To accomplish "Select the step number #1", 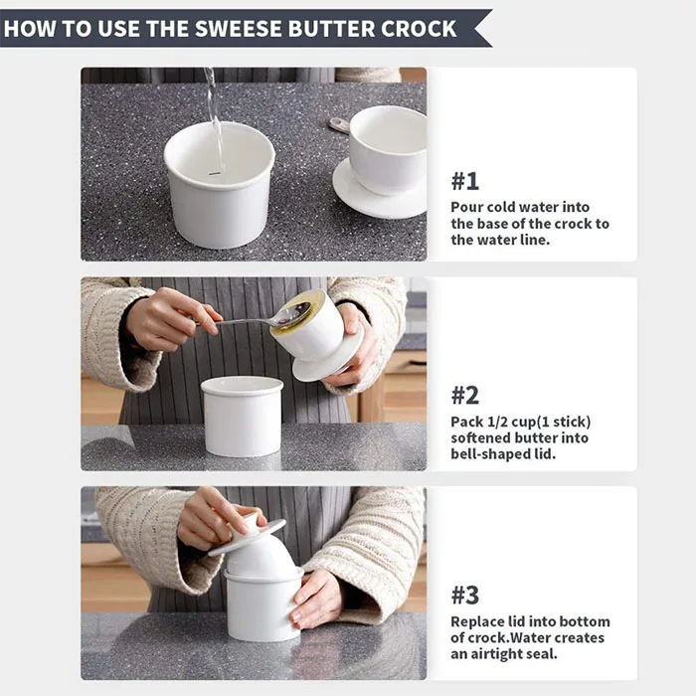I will coord(465,181).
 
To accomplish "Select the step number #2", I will coord(465,395).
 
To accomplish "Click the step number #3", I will coord(465,596).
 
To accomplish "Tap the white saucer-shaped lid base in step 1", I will coord(378,194).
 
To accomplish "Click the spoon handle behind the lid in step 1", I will coord(339,124).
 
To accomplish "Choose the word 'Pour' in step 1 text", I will coord(468,207).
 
